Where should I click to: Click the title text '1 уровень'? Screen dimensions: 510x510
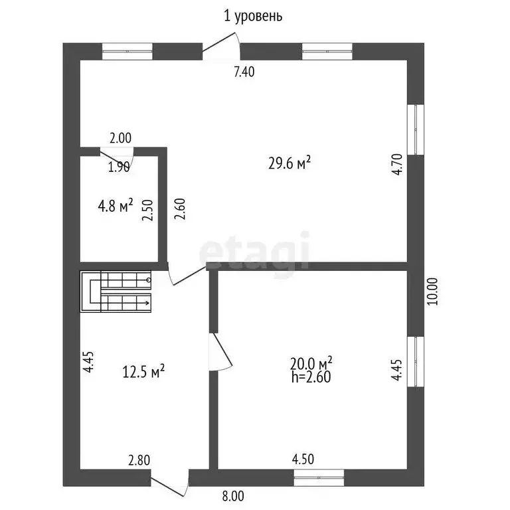pos(253,16)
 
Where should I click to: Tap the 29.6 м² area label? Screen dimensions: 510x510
pos(290,163)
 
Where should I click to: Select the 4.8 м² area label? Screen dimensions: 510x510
pos(116,206)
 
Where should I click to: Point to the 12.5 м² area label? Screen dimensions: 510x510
pos(143,371)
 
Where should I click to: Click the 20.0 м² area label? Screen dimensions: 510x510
pos(311,363)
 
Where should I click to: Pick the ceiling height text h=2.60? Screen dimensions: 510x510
pos(311,377)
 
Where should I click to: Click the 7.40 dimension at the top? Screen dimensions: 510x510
pos(244,72)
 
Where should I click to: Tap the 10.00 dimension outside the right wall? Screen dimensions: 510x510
pos(432,291)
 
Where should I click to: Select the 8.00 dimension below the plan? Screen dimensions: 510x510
pos(233,496)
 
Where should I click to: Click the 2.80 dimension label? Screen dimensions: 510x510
pos(139,461)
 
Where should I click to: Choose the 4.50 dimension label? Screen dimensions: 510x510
pos(303,460)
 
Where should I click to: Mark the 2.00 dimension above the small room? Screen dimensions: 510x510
pos(121,138)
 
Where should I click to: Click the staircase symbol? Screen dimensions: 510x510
pos(116,292)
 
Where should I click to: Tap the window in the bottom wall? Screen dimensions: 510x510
pos(319,478)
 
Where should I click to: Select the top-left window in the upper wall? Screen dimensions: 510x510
pos(127,51)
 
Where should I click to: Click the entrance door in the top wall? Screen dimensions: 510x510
pos(222,46)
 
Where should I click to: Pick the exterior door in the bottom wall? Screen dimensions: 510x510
pos(170,482)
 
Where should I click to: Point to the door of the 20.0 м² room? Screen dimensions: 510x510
pos(220,351)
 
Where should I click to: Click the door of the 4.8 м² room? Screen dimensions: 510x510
pos(117,158)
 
